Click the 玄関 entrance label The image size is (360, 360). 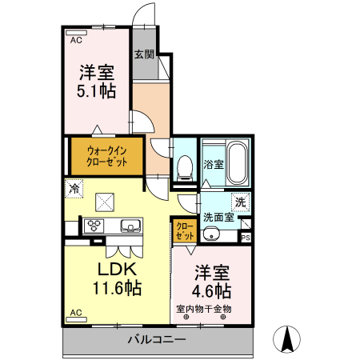[144, 54]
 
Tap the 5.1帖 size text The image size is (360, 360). [96, 90]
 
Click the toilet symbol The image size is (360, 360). [185, 166]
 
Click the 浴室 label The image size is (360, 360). [213, 165]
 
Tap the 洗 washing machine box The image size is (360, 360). [238, 202]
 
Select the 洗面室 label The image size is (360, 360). [218, 216]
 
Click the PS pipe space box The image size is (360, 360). [246, 237]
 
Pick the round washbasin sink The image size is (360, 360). [211, 234]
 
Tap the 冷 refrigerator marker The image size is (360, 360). [74, 190]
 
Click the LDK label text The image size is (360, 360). [119, 269]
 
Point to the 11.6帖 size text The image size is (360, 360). [119, 287]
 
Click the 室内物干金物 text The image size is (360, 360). [206, 308]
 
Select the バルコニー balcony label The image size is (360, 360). [158, 340]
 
